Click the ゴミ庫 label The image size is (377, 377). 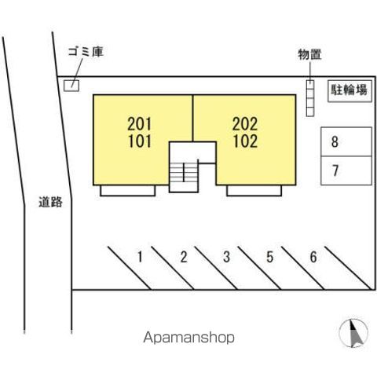86,52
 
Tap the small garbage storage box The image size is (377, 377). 71,86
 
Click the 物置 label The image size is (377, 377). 309,54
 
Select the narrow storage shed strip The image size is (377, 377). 310,98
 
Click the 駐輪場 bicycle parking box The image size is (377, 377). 350,90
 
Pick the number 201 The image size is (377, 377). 140,124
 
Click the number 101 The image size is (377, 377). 140,141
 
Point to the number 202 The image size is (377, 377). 245,124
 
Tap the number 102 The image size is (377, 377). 245,141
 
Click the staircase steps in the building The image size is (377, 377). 184,172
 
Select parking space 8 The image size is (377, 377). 346,141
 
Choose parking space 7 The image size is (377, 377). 346,170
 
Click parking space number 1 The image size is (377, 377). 140,257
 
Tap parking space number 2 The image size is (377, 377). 184,257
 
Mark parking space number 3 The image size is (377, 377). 227,257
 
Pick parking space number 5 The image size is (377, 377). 270,257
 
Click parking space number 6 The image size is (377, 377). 313,257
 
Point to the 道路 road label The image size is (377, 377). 50,202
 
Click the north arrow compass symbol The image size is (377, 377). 353,333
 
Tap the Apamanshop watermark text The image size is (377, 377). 188,338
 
